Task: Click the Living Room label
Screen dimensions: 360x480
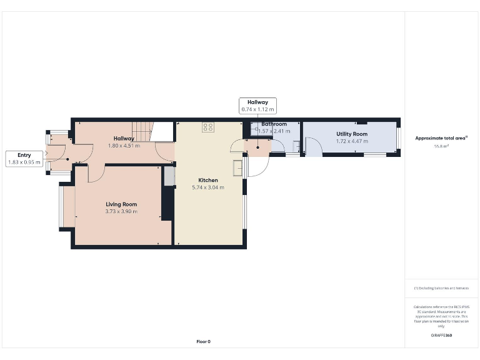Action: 121,204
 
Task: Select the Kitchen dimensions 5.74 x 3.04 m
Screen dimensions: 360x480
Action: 207,187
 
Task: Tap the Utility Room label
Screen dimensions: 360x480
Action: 352,134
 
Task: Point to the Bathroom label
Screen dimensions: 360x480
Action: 274,124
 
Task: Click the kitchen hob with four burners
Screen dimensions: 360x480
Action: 208,127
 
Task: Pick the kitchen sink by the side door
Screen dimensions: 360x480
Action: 238,169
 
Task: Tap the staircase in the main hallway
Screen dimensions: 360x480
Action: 143,131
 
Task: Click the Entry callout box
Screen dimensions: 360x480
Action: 24,159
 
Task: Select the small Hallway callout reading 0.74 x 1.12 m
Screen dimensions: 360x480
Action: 257,106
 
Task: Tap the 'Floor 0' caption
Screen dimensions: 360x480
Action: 203,341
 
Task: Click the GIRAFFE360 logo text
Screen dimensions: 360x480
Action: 441,336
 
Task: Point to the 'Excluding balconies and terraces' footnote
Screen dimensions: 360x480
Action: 441,288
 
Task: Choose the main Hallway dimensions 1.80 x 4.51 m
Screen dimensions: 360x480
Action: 123,146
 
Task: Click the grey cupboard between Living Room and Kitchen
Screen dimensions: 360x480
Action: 169,176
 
